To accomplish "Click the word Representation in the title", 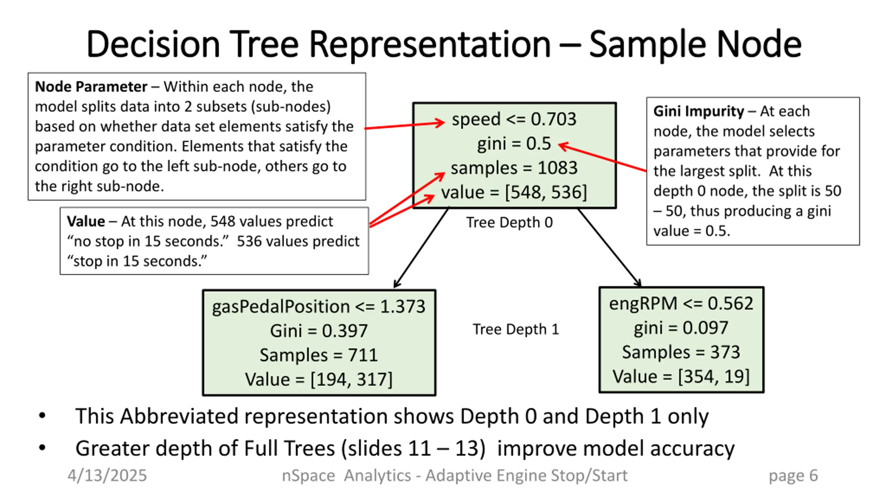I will [x=430, y=44].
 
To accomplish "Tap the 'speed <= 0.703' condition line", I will [x=514, y=119].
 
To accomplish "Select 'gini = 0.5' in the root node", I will [x=514, y=144].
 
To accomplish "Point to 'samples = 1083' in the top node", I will [x=514, y=168].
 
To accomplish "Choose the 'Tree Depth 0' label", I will [x=509, y=222].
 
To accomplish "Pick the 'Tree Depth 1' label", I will [x=516, y=329].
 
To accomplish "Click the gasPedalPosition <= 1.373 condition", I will [x=318, y=306].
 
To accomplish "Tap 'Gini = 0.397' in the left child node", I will [x=318, y=331].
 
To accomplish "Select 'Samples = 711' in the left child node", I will [x=318, y=355].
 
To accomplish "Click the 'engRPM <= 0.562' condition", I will [x=681, y=304].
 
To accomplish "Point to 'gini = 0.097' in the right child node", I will [x=681, y=328].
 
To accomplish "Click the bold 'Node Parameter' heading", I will [x=91, y=87].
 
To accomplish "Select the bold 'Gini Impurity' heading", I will [x=698, y=111].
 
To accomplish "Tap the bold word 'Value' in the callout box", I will [x=86, y=221].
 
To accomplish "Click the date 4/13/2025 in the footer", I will [x=107, y=476].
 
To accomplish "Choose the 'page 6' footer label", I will [x=793, y=476].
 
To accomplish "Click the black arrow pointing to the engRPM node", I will [x=609, y=248].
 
